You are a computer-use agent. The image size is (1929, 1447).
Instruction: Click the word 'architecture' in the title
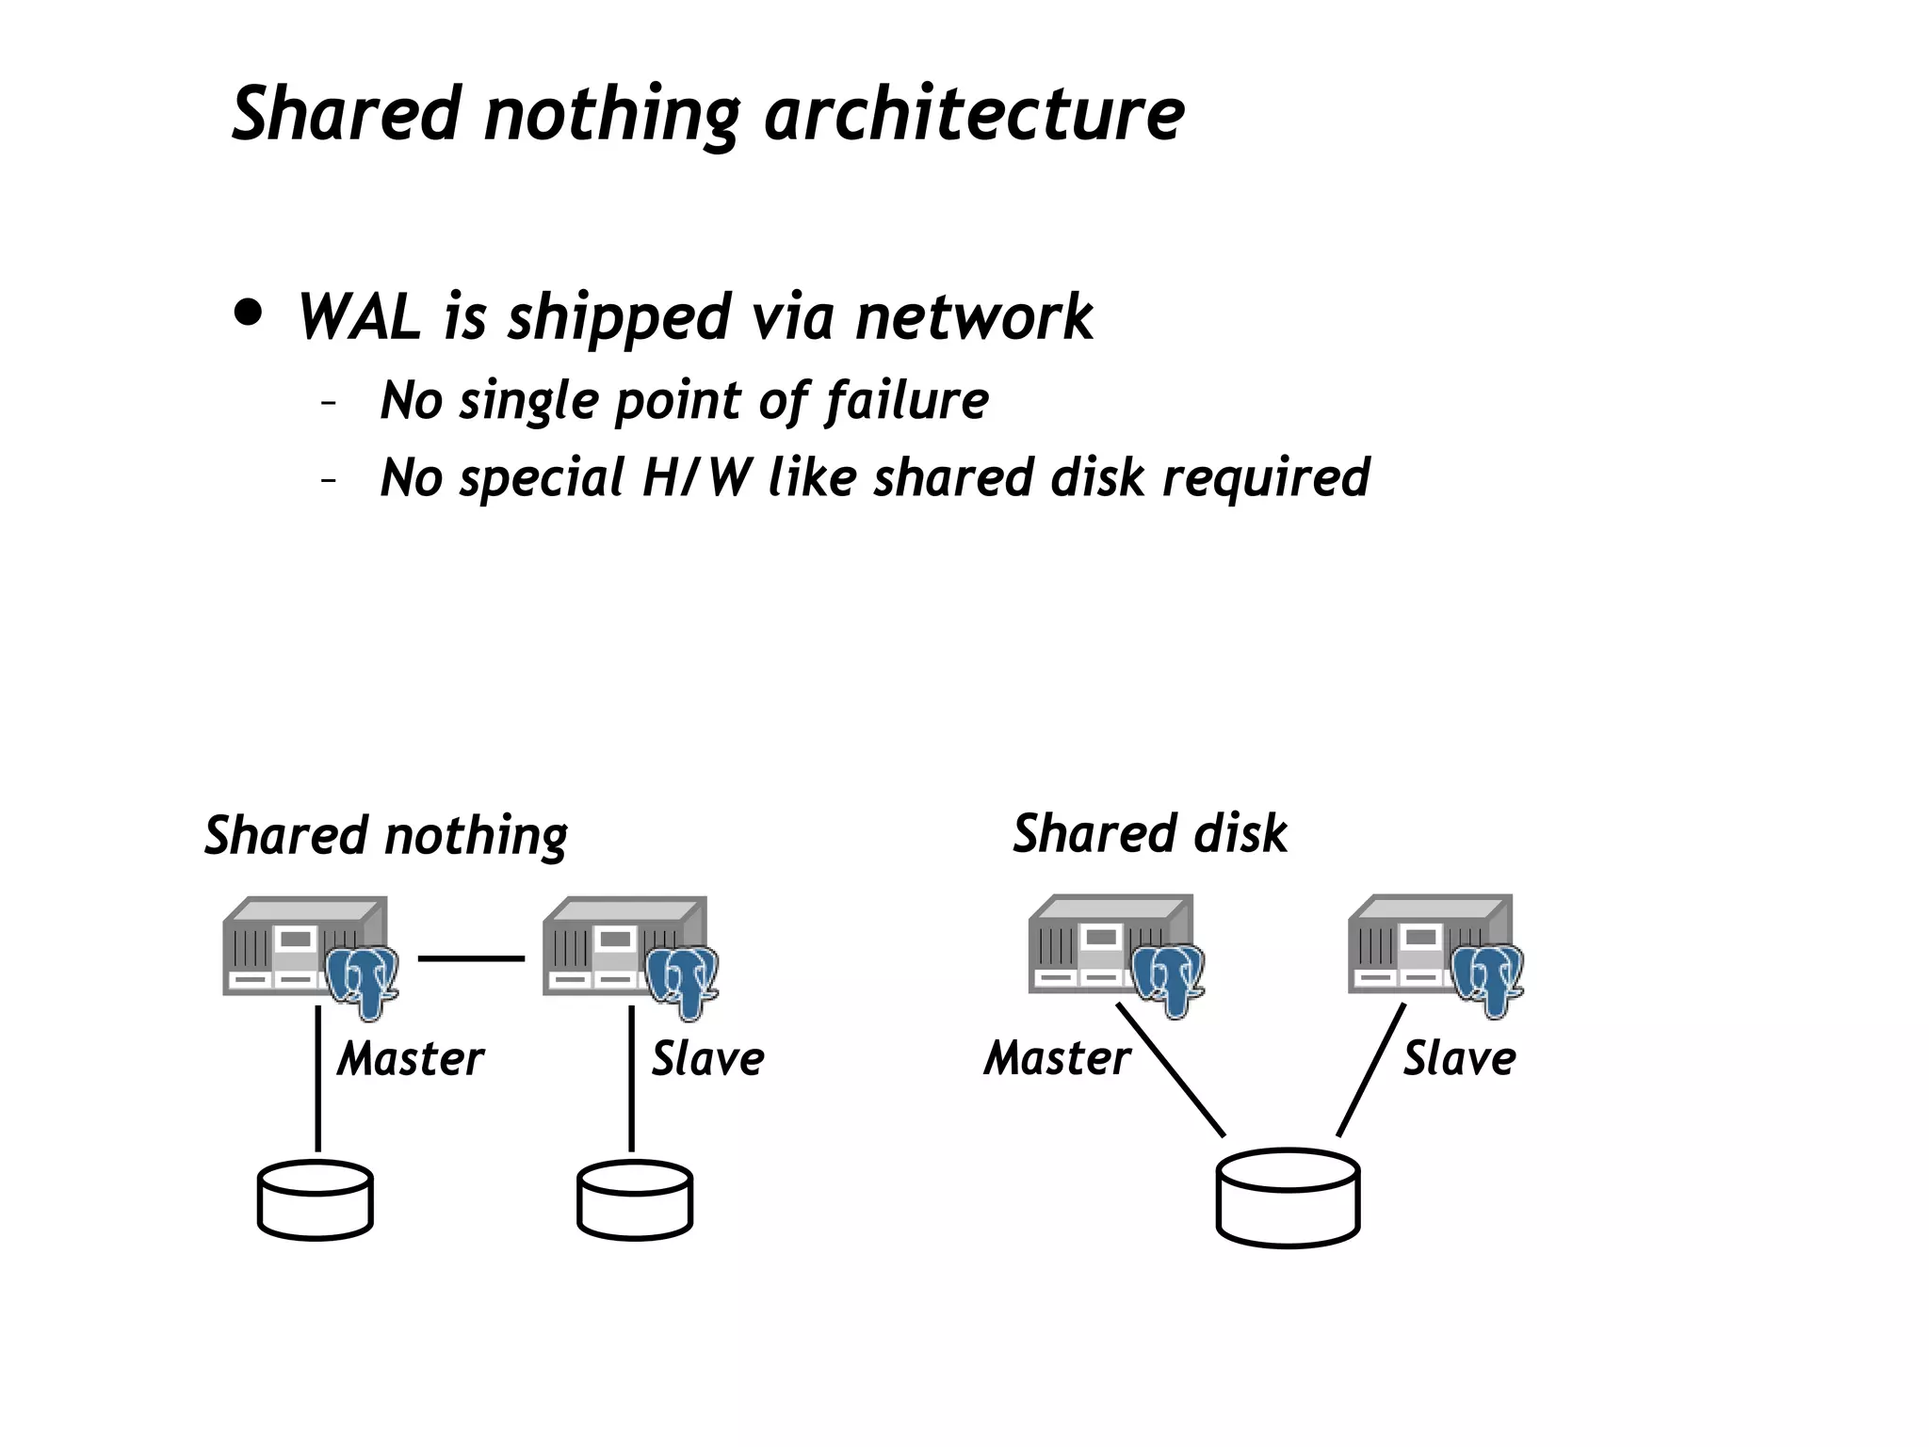point(974,115)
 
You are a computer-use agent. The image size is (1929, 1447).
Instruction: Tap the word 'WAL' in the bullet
point(358,317)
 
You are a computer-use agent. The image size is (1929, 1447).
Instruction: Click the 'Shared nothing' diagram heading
point(386,836)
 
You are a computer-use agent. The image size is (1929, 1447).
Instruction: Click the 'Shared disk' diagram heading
point(1149,834)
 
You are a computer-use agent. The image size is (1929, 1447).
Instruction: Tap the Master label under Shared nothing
point(411,1059)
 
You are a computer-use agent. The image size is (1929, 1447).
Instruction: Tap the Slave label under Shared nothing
point(707,1059)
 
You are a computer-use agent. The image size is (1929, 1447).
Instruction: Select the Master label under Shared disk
point(1057,1058)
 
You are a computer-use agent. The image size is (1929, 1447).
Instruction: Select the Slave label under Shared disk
point(1459,1058)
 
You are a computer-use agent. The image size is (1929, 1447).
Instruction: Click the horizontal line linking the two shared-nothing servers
point(471,958)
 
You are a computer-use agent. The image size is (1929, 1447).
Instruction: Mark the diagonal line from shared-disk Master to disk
point(1171,1070)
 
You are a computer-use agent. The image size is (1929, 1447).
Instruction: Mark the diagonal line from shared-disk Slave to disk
point(1371,1070)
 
